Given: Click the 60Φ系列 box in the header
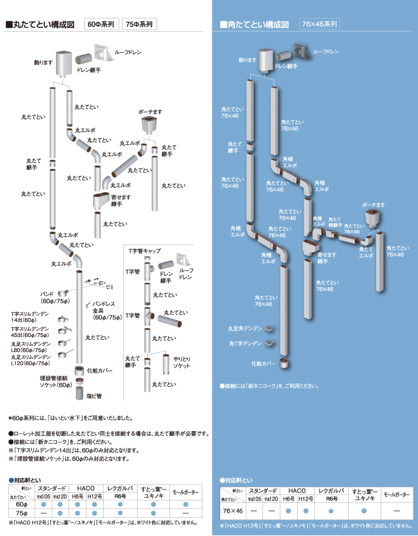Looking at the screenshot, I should pos(101,24).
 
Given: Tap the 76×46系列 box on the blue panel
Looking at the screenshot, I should pos(319,24).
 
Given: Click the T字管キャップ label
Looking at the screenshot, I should pos(144,252).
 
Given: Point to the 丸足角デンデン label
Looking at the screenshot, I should pos(244,329).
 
